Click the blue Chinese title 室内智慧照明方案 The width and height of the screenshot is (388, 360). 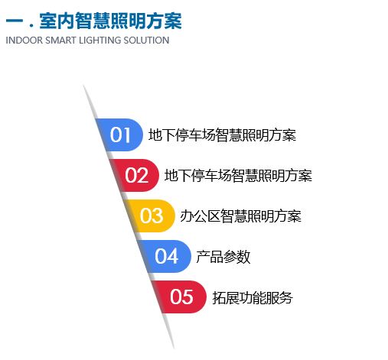pyautogui.click(x=110, y=21)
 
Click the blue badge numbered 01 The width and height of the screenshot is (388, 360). pyautogui.click(x=120, y=135)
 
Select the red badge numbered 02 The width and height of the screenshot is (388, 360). pyautogui.click(x=135, y=175)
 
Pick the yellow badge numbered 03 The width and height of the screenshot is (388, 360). pyautogui.click(x=151, y=216)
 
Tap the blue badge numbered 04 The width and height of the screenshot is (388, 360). pyautogui.click(x=166, y=256)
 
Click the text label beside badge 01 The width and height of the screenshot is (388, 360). pyautogui.click(x=222, y=135)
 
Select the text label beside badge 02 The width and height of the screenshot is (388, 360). pyautogui.click(x=238, y=176)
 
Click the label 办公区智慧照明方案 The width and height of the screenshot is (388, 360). pyautogui.click(x=240, y=216)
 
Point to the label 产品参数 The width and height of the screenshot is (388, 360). pyautogui.click(x=223, y=257)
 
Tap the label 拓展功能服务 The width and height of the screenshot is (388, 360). pyautogui.click(x=253, y=297)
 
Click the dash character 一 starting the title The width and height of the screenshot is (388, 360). pyautogui.click(x=15, y=21)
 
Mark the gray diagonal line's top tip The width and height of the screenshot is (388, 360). pyautogui.click(x=83, y=85)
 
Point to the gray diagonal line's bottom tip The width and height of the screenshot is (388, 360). pyautogui.click(x=174, y=348)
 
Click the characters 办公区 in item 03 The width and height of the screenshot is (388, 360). pyautogui.click(x=201, y=216)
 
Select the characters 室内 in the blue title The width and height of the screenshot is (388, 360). pyautogui.click(x=57, y=21)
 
